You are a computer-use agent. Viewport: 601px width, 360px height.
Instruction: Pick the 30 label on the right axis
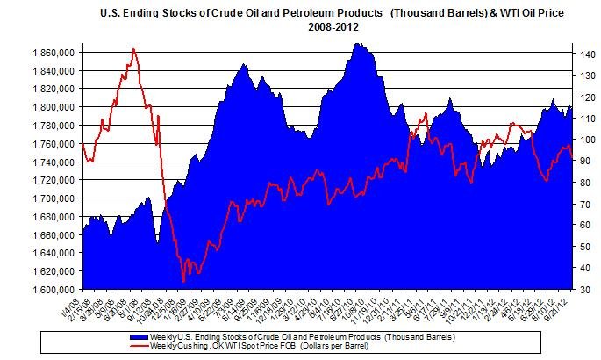(582, 289)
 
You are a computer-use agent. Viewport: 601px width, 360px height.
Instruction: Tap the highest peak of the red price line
(133, 49)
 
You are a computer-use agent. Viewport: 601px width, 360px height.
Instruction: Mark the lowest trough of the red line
(183, 281)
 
